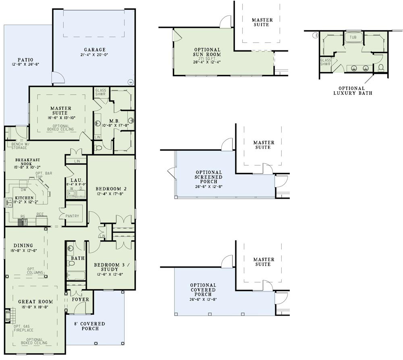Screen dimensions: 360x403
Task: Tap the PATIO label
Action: coord(25,59)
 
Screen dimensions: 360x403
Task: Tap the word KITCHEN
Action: coord(24,198)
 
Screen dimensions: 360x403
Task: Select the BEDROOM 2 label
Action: coord(111,188)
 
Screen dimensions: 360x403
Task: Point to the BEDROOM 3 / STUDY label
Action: coord(109,267)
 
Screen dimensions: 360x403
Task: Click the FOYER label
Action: coord(81,300)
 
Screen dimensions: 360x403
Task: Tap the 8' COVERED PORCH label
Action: coord(89,326)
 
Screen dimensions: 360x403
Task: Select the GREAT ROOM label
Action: coord(35,301)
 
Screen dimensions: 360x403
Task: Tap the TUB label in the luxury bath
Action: coord(353,37)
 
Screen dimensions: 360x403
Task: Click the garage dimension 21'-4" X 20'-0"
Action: coord(95,55)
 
